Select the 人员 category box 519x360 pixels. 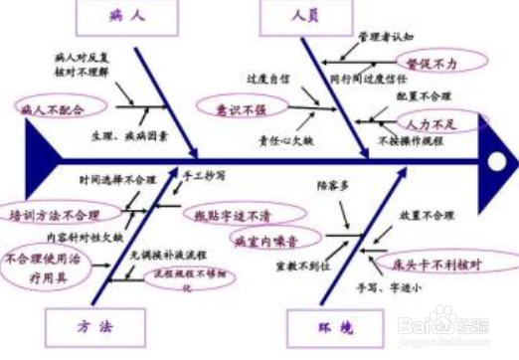coord(304,17)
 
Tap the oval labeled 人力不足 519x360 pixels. coord(429,123)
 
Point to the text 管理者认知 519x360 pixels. coord(385,36)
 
